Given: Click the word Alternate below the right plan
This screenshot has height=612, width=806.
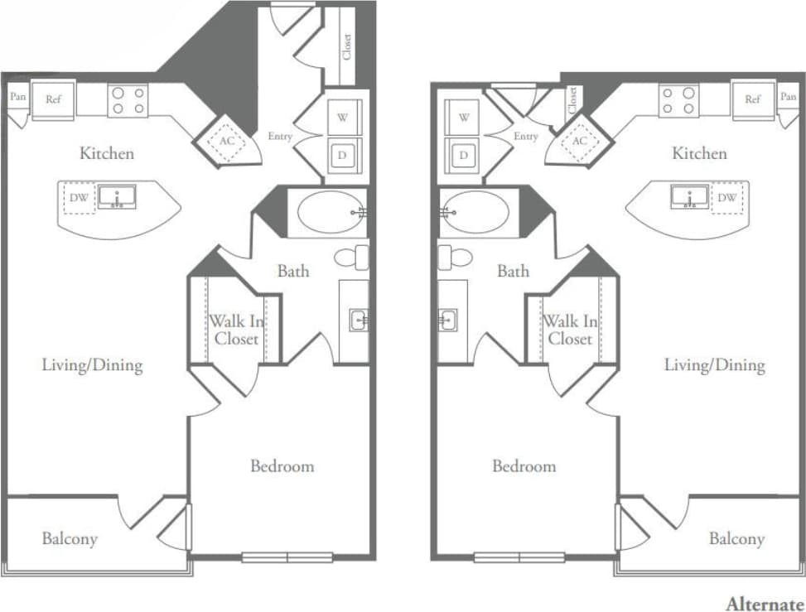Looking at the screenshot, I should pos(765,604).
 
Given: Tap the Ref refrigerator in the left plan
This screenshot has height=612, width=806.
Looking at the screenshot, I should pos(53,99).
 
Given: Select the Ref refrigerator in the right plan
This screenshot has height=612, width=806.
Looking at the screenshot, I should pos(752,99).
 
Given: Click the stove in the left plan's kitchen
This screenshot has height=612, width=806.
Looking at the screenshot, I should pos(128,100).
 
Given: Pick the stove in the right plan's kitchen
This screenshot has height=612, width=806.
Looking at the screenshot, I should pos(678,100).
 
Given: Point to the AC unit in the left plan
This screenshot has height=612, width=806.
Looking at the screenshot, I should pos(227,141).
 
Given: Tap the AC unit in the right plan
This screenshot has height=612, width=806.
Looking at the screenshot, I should pos(580,141).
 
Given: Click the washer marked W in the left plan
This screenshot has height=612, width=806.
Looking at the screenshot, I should pos(343,118).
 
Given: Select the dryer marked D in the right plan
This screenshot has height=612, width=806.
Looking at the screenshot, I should pos(464,155).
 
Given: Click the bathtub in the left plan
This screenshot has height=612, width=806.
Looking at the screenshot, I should pos(328,212).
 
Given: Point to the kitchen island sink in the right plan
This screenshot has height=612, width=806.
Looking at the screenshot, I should pos(688,197).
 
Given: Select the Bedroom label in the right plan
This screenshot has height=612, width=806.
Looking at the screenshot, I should pos(524,466).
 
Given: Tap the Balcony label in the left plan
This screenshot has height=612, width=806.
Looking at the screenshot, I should pos(70,539).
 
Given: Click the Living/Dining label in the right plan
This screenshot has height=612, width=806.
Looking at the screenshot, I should pos(714,365).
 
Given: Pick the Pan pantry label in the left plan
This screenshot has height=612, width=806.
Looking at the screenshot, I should pos(17,97).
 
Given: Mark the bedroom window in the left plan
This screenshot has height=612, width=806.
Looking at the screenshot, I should pos(287,557).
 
